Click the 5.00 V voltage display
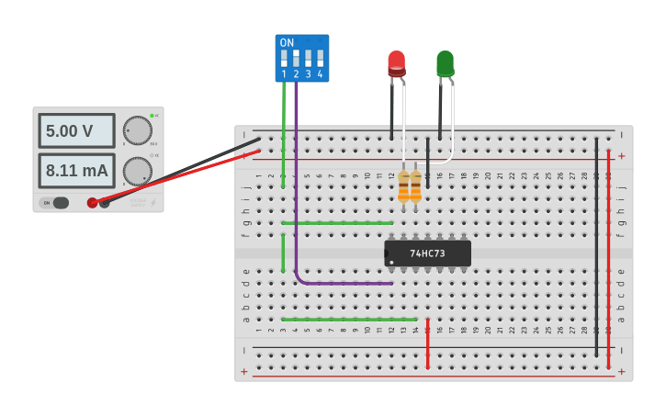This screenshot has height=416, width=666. tap(76, 131)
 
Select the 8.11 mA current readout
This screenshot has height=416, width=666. tap(76, 171)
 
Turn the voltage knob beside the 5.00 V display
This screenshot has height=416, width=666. tap(137, 130)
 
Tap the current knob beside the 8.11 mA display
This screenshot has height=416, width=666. tap(137, 171)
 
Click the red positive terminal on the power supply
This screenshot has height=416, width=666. tap(92, 203)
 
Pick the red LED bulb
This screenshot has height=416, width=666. tap(396, 63)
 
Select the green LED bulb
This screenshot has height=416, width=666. tap(445, 63)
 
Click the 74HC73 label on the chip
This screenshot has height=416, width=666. tap(427, 253)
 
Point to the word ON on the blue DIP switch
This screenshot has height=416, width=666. tap(287, 43)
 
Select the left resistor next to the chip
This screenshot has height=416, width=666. tap(403, 186)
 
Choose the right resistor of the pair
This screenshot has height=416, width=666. tap(415, 186)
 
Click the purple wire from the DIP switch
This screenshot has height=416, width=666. tap(297, 184)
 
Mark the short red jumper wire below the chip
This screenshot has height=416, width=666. tap(427, 343)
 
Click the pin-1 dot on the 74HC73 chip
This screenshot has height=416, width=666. tap(388, 253)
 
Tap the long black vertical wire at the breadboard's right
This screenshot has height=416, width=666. tap(596, 248)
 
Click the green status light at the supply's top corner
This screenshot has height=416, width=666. tap(152, 116)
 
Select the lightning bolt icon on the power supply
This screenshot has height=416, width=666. tap(153, 203)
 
